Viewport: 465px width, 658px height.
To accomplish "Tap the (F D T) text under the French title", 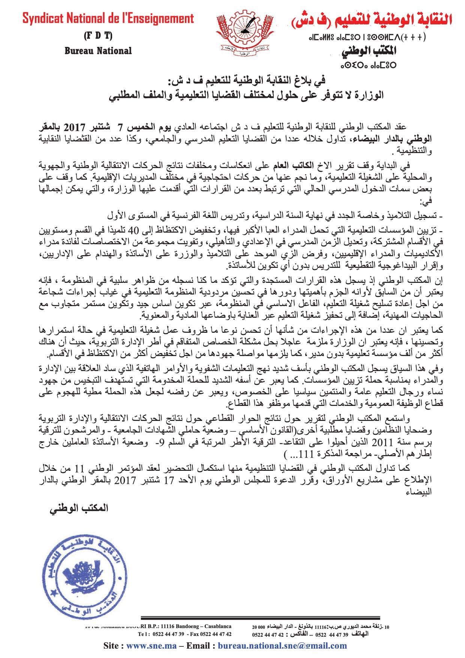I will point(98,36).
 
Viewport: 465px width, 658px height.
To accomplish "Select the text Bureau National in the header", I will point(98,51).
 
